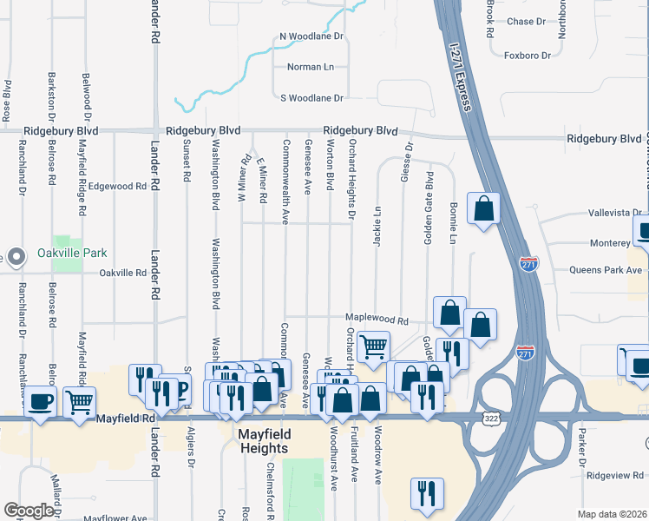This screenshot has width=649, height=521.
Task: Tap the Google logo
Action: coord(29,511)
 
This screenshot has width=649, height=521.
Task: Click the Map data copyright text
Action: coord(612,514)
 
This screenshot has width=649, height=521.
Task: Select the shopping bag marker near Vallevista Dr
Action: coord(483,208)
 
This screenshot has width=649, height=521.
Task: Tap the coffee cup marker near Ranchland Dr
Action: coord(40,402)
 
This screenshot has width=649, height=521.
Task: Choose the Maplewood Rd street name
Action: coord(377,320)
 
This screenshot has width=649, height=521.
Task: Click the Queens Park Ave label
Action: coord(606,270)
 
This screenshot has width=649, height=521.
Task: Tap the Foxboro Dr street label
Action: coord(528,56)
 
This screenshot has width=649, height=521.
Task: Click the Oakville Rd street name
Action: coord(123,273)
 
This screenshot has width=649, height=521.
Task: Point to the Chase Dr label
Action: coord(528,22)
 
